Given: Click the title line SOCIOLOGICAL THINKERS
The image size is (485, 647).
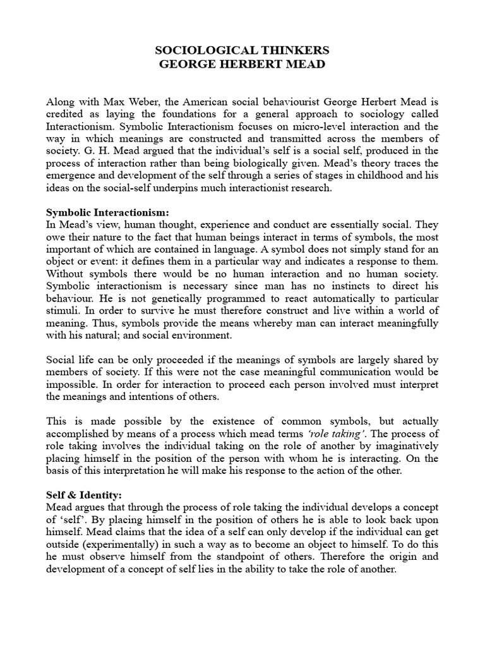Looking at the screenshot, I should pos(242,51).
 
